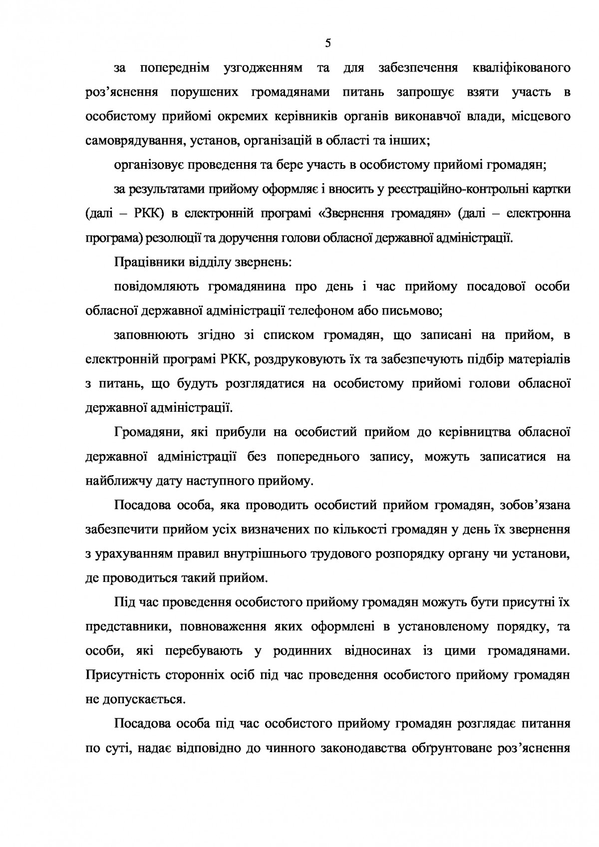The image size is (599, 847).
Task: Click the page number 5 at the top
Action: (x=327, y=43)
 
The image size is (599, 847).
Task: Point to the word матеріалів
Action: (x=538, y=359)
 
